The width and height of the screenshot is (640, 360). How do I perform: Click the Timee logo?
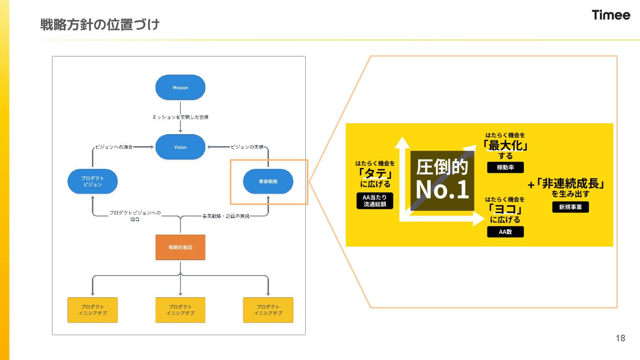[611, 15]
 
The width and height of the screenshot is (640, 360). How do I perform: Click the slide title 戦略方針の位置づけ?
[100, 24]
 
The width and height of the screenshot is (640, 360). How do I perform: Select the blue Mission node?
[180, 88]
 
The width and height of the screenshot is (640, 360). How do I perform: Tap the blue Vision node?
[180, 147]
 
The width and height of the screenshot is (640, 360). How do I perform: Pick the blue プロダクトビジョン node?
[92, 181]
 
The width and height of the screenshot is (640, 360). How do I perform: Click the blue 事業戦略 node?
[268, 181]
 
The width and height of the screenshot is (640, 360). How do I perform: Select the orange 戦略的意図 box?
[180, 247]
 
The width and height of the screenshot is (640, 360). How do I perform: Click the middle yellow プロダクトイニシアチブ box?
[180, 310]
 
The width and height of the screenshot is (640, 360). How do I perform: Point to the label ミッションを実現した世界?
[180, 117]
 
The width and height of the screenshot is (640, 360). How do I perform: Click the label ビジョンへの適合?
[114, 147]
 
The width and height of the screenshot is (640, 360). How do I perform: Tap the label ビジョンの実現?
[247, 147]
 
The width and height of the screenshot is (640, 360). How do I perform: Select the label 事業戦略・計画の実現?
[226, 216]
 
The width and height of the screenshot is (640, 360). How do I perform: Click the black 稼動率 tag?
[505, 168]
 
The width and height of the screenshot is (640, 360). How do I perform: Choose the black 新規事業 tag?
[570, 207]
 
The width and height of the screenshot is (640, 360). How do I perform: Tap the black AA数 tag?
[505, 232]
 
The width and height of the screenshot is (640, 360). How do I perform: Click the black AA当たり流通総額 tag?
[375, 201]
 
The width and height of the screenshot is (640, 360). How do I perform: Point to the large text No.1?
[442, 190]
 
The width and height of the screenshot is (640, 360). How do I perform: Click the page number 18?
[620, 338]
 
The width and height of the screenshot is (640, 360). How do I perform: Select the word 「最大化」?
[505, 145]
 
